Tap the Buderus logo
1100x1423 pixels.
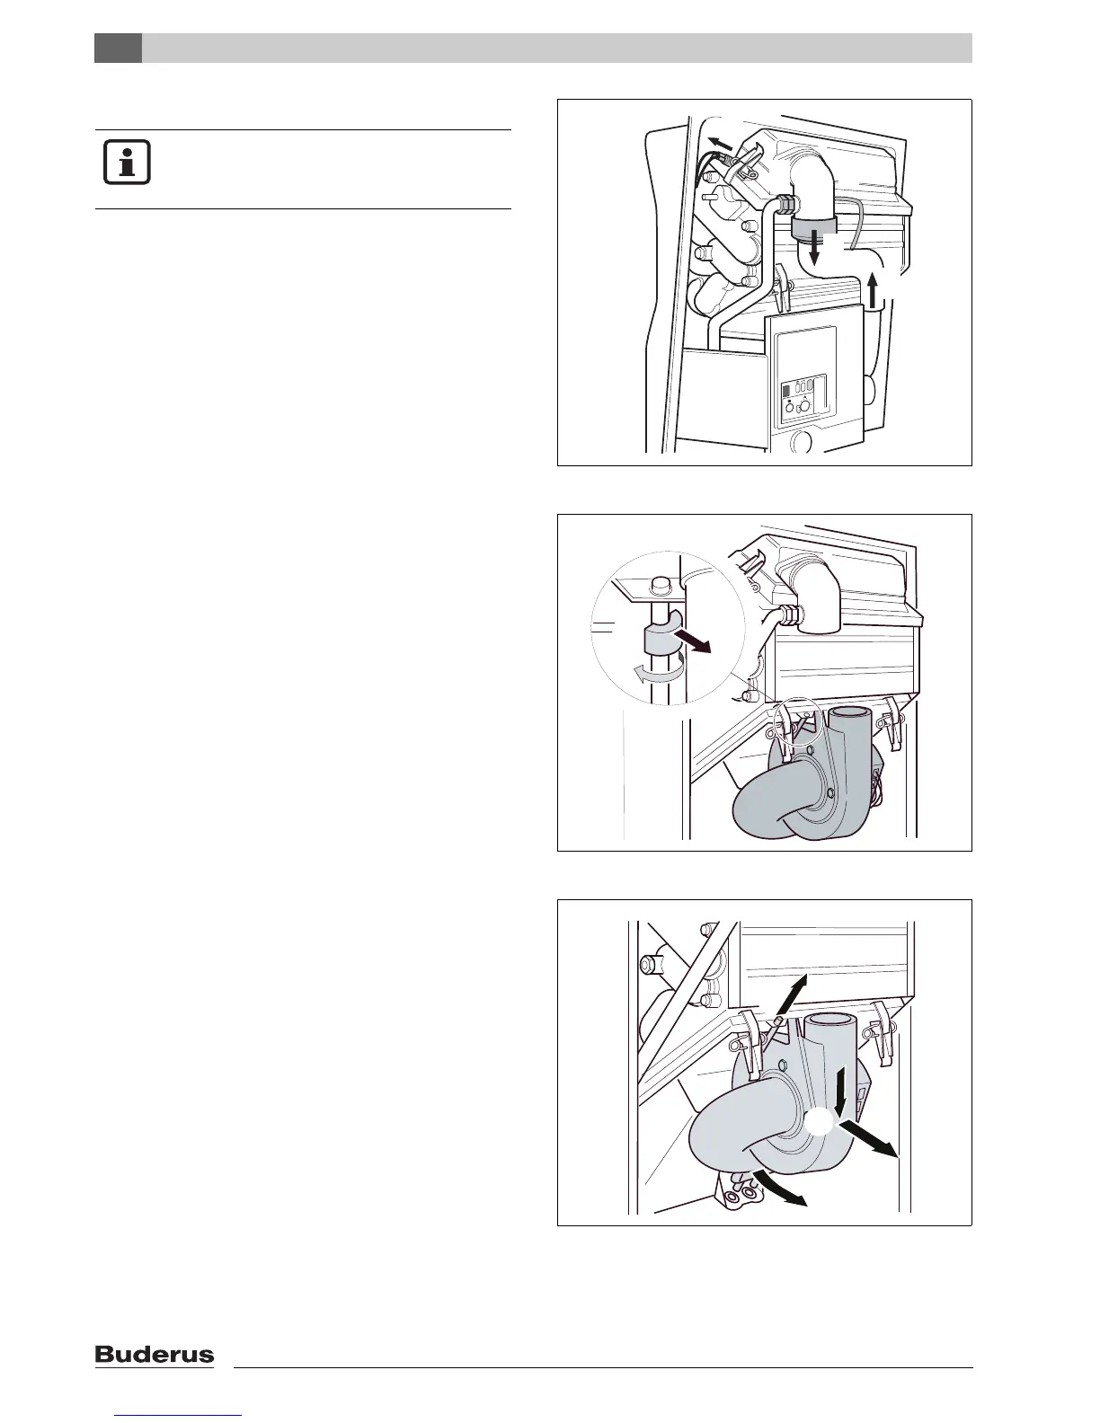[155, 1355]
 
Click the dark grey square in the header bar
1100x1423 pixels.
[118, 48]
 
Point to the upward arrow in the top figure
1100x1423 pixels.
[873, 293]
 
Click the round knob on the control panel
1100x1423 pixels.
[804, 407]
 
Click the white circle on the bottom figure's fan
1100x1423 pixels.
[820, 1124]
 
